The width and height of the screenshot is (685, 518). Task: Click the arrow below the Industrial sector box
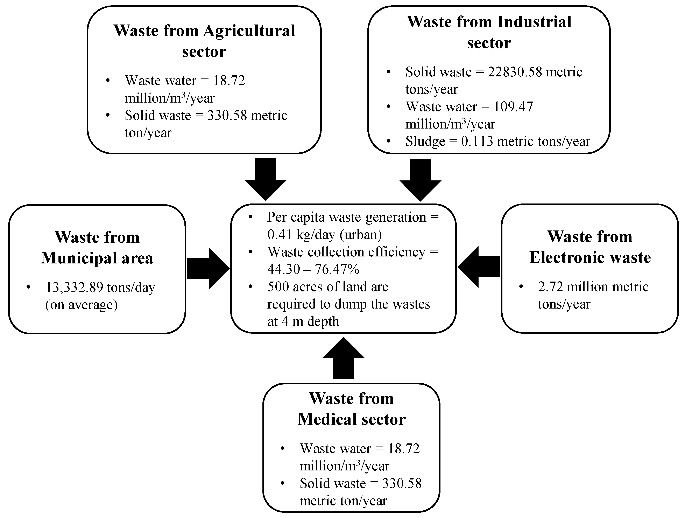click(420, 180)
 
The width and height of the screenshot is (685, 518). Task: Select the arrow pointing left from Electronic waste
click(479, 267)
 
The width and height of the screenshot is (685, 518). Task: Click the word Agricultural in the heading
click(249, 31)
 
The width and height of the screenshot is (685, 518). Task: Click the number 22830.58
click(515, 72)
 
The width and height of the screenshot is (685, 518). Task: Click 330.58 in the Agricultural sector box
click(227, 116)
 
